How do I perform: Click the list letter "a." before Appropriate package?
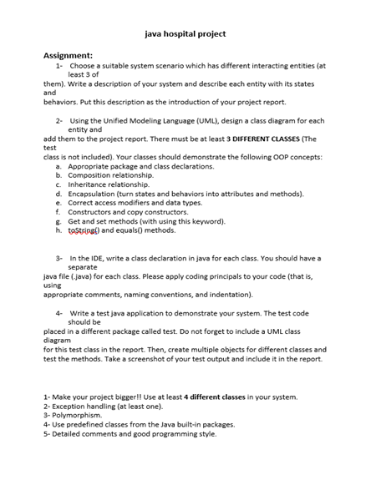click(59, 166)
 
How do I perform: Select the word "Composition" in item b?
click(91, 175)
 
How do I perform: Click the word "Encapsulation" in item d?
click(94, 194)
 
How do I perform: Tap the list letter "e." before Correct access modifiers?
click(59, 203)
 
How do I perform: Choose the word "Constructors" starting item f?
click(92, 212)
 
